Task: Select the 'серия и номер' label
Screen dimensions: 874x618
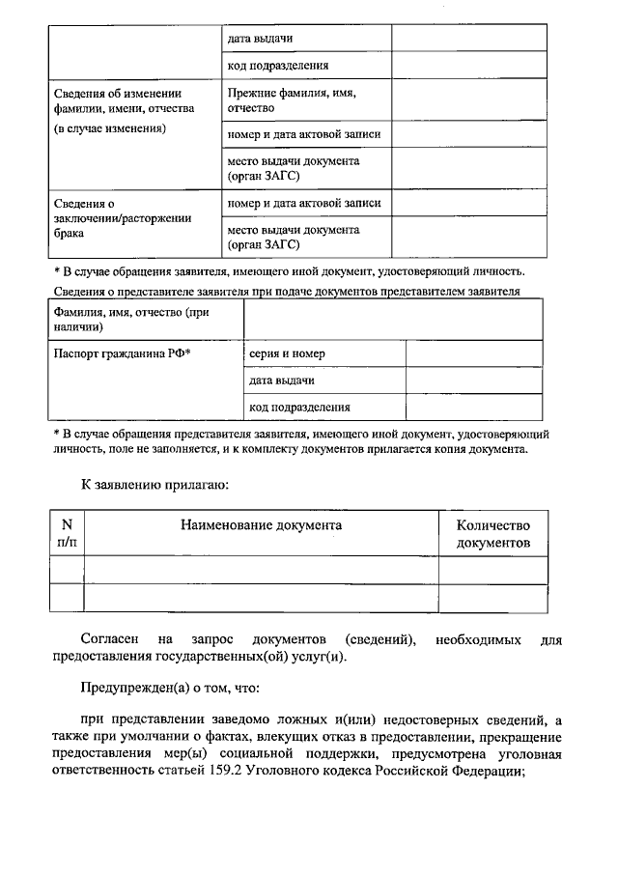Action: click(x=287, y=353)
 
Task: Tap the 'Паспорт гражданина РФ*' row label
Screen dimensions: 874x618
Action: click(x=123, y=353)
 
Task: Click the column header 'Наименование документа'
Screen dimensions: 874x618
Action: click(x=261, y=525)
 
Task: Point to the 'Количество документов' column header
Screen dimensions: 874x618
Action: click(x=493, y=534)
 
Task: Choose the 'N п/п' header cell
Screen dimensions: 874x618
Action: click(x=67, y=534)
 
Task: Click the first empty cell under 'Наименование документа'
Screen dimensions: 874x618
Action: click(x=261, y=570)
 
